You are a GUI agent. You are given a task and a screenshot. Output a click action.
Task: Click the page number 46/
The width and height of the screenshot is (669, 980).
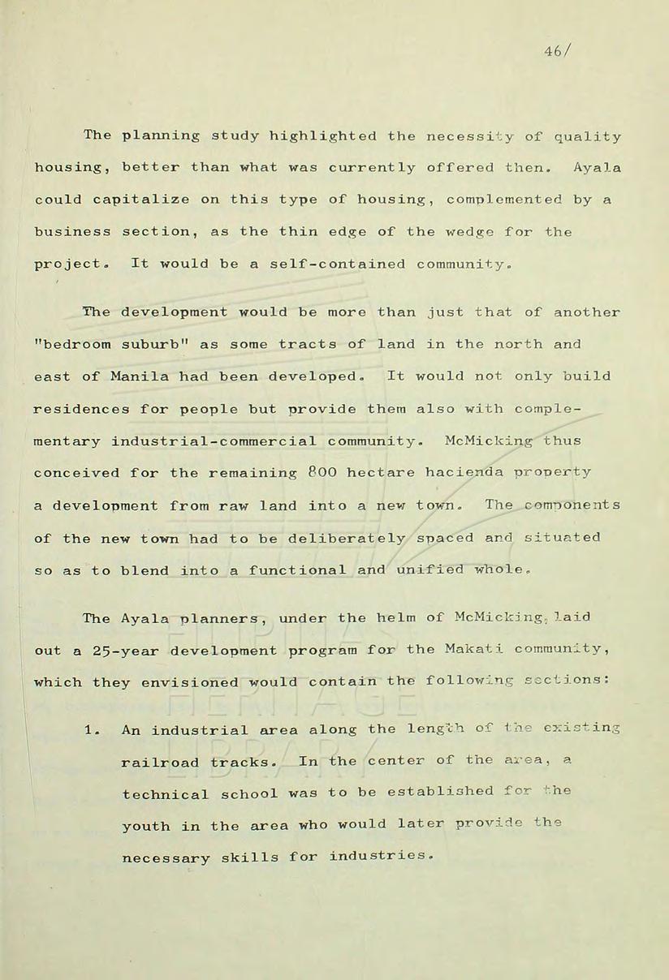point(560,49)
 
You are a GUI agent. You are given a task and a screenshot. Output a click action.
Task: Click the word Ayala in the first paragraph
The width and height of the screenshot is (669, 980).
point(597,168)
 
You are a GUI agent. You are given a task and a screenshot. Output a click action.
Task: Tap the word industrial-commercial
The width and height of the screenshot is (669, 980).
point(214,441)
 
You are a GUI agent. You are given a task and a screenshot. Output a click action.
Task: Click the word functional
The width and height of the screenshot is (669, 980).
point(298,570)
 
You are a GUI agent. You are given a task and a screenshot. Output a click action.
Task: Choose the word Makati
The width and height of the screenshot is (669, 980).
point(473,650)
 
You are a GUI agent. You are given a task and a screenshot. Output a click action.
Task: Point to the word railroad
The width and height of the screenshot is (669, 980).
point(161,763)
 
